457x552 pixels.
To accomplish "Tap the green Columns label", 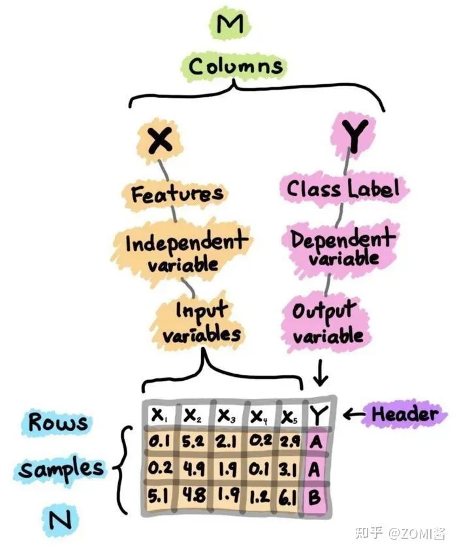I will (x=236, y=66).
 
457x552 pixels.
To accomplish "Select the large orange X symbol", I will (x=159, y=139).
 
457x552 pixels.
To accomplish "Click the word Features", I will (x=177, y=193).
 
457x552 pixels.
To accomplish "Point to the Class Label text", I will (x=343, y=189).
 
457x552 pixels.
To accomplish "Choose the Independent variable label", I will (x=185, y=252).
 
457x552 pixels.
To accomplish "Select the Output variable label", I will (x=327, y=323).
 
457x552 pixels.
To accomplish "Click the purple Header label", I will (x=405, y=414).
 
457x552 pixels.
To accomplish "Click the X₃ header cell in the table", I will (x=227, y=415).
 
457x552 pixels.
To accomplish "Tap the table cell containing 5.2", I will (x=193, y=442).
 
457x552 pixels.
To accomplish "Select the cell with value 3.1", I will (x=289, y=468).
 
